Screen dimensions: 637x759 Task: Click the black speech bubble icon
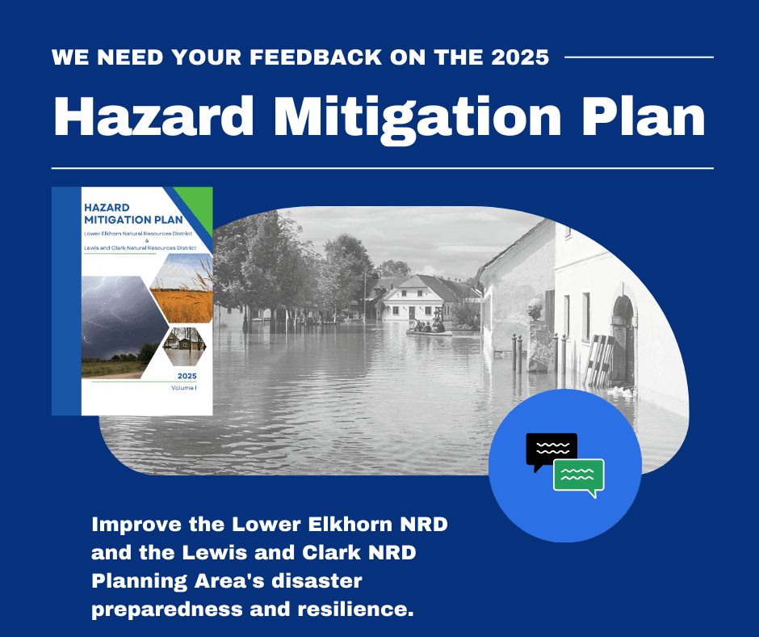[x=551, y=450]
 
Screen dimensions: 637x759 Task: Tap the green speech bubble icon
[x=579, y=476]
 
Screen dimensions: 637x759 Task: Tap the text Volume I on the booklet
[x=183, y=389]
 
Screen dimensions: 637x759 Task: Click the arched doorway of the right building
[x=623, y=331]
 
